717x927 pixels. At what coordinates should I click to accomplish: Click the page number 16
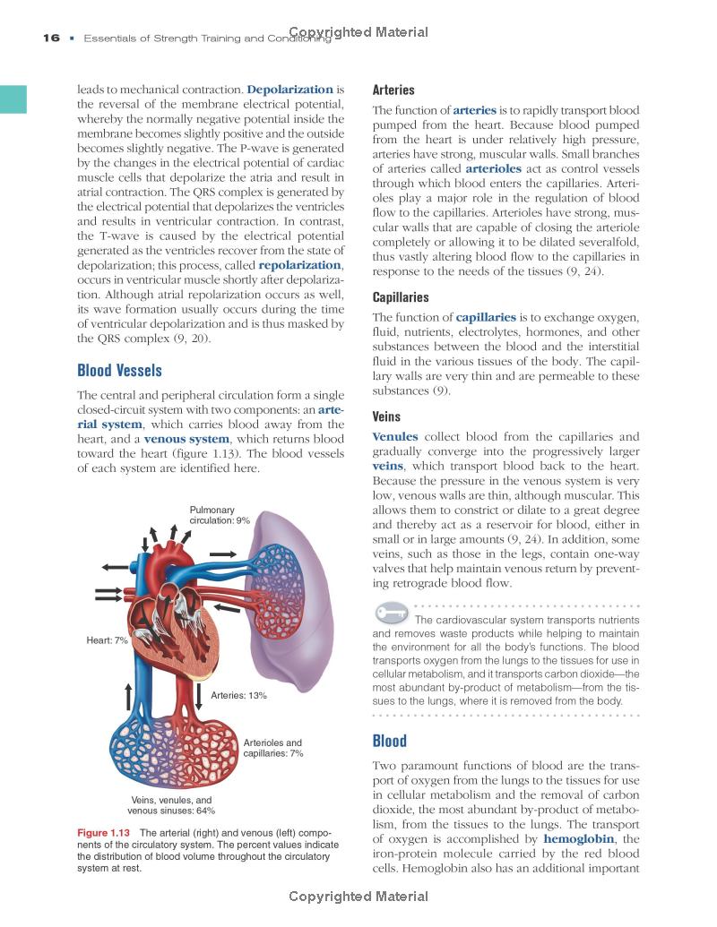click(x=50, y=38)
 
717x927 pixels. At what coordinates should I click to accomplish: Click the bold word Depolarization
click(x=289, y=90)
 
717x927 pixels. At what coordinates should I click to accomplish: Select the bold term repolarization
click(x=299, y=265)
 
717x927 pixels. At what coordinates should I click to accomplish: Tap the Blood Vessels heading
click(x=119, y=370)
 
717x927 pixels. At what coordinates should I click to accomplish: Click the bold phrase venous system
click(x=186, y=439)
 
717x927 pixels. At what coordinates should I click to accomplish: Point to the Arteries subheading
click(x=393, y=90)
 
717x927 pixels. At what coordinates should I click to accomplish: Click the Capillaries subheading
click(x=400, y=296)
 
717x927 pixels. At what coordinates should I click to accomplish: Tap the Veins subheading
click(x=386, y=416)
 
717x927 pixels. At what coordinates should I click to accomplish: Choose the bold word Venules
click(x=395, y=437)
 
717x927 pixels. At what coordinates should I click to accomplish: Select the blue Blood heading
click(x=389, y=741)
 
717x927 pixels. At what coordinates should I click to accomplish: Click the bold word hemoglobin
click(x=578, y=838)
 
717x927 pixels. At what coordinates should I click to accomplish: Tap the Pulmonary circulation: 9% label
click(x=219, y=515)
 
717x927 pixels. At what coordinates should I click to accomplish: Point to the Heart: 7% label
click(x=107, y=641)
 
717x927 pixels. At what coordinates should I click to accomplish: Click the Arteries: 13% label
click(x=238, y=695)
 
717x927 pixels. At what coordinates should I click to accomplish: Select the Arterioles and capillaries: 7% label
click(x=272, y=748)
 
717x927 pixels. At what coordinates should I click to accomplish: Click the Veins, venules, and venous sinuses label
click(x=171, y=804)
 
